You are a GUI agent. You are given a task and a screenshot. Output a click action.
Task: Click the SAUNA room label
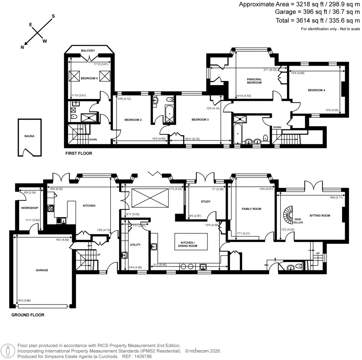[x=30, y=135]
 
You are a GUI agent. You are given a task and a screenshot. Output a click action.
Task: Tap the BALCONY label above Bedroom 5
[x=88, y=51]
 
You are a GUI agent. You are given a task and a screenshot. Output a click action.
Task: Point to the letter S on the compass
[x=53, y=16]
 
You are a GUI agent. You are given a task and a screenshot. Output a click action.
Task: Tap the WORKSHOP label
[x=29, y=208]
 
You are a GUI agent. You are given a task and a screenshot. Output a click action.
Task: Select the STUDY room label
[x=206, y=202]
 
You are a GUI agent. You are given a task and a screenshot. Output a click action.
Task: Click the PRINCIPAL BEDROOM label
[x=254, y=81]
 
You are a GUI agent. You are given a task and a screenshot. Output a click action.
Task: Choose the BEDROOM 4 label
[x=316, y=90]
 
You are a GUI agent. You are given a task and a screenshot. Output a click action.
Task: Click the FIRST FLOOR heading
[x=78, y=153]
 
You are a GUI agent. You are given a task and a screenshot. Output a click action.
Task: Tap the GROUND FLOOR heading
[x=28, y=315]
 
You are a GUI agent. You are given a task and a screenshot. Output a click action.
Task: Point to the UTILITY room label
[x=135, y=245]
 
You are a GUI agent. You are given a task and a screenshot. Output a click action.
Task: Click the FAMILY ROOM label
[x=251, y=209]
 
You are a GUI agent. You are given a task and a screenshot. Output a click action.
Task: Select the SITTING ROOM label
[x=320, y=215]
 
